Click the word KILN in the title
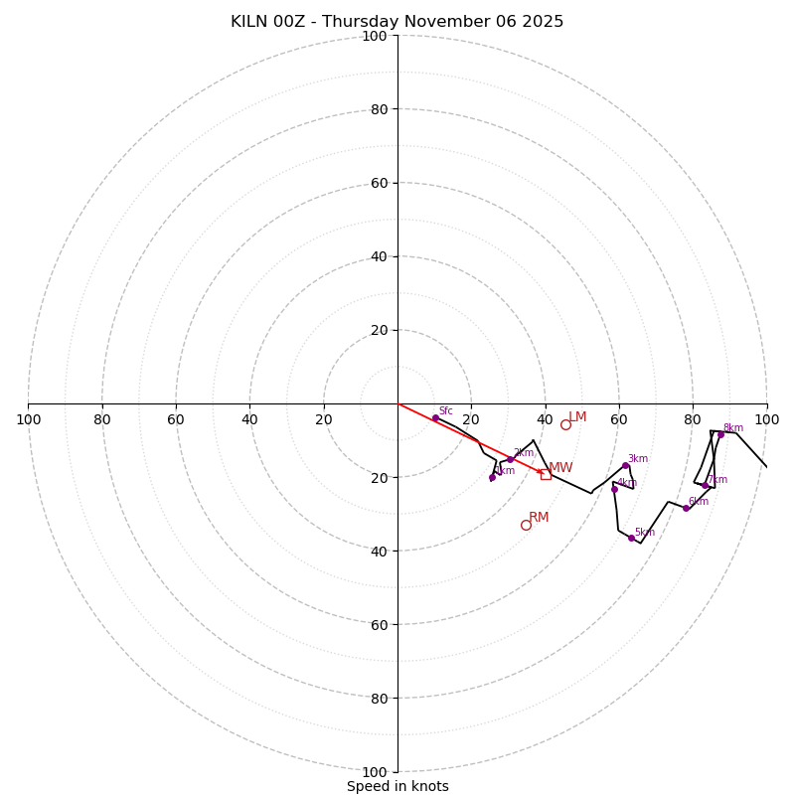(x=248, y=22)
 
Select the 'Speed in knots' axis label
(x=397, y=786)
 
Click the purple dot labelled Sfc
(x=435, y=418)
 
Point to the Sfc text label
(x=445, y=410)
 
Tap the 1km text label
(x=505, y=470)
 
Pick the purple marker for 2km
(x=511, y=459)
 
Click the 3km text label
(x=637, y=458)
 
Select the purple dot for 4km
(x=614, y=489)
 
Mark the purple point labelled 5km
(x=631, y=538)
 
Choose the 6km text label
(x=698, y=502)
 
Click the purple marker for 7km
(x=706, y=485)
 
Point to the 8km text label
(x=732, y=428)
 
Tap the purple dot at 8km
(x=720, y=434)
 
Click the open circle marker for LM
(x=565, y=424)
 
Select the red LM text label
(x=577, y=417)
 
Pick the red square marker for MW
(x=546, y=474)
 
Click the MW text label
(x=560, y=467)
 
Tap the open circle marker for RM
(x=526, y=525)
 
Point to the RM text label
(x=539, y=517)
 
